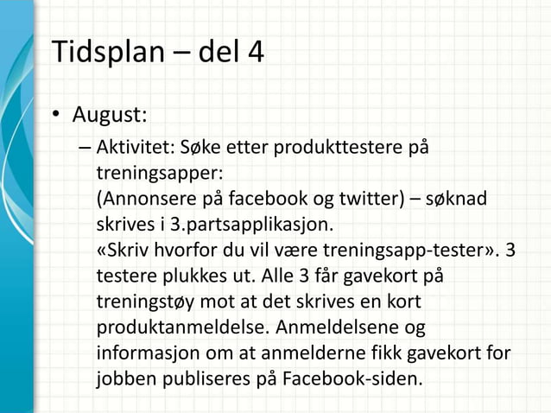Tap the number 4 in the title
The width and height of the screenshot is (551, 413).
point(253,53)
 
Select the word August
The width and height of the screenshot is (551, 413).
point(109,115)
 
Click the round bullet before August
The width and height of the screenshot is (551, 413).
point(57,116)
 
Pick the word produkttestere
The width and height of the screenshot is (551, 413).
point(332,148)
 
